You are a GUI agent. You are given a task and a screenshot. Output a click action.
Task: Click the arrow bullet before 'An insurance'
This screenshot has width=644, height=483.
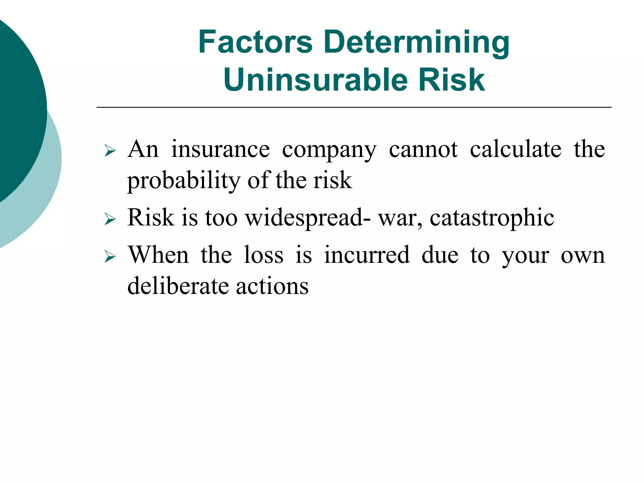(x=110, y=151)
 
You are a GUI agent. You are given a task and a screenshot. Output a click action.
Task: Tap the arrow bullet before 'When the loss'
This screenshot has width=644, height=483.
(x=110, y=256)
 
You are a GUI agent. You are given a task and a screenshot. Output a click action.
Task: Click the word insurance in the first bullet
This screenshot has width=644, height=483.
(x=220, y=149)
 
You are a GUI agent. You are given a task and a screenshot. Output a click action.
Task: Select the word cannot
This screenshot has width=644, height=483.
(x=423, y=149)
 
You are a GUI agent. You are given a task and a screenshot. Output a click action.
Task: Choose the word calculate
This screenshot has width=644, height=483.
(x=515, y=149)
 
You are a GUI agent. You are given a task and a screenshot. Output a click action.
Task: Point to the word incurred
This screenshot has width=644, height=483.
(x=367, y=255)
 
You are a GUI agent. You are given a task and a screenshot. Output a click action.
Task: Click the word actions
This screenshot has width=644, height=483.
(x=272, y=286)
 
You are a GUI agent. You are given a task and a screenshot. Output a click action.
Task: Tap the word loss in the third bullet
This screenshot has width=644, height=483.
(x=264, y=255)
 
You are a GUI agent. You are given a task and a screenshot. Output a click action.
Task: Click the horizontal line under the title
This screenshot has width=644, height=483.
(x=354, y=108)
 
